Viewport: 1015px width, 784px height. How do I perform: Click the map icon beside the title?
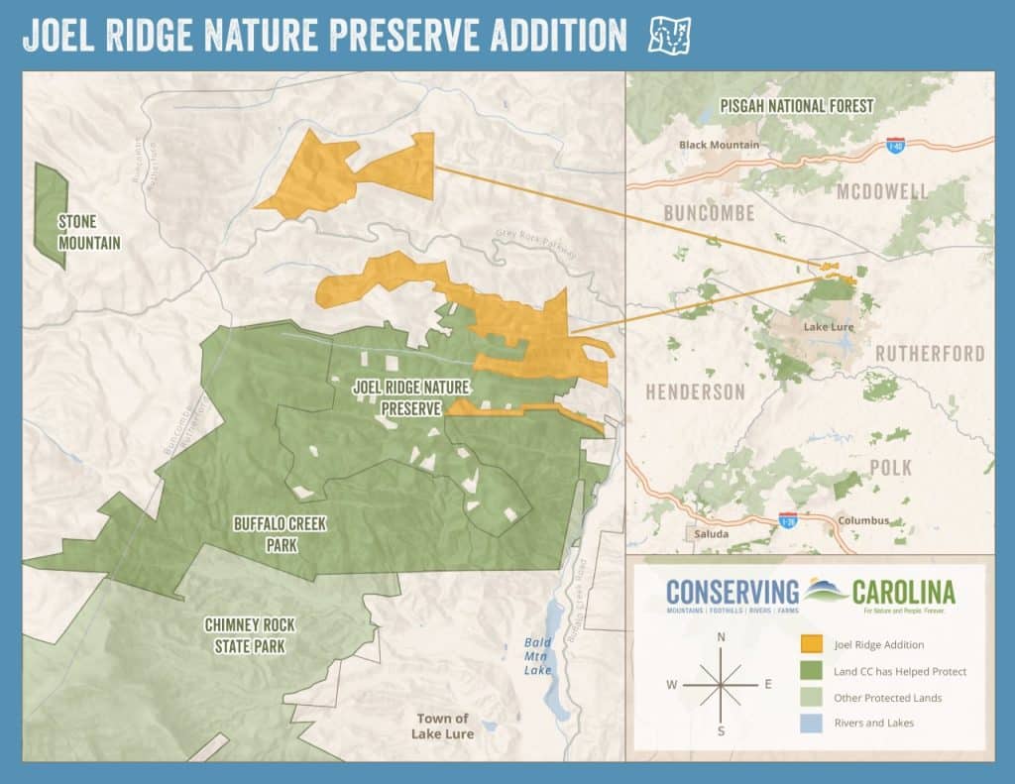(668, 36)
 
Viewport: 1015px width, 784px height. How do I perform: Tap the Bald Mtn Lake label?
(537, 656)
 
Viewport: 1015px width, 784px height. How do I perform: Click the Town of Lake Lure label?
(442, 726)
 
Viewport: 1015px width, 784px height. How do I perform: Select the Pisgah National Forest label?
(797, 105)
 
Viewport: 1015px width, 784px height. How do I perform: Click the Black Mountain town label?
(719, 145)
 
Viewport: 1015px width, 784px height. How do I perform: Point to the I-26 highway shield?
(787, 520)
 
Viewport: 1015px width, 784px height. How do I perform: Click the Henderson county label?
(695, 392)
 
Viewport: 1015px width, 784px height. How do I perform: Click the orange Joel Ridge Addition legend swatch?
(812, 644)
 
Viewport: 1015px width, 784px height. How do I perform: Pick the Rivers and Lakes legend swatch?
(812, 723)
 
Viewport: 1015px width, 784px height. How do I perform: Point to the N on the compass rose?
(721, 637)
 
